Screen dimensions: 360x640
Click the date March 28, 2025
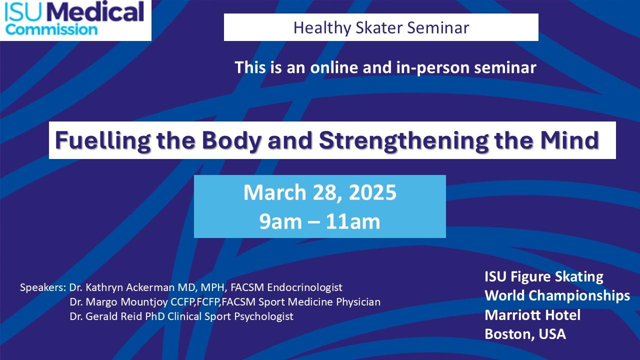tap(320, 192)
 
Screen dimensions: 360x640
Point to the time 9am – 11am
tap(320, 221)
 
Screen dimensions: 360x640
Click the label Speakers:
tap(43, 287)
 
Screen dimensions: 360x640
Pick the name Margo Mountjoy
tap(121, 302)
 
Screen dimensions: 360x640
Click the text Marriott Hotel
tap(532, 315)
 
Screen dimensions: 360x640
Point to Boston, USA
tap(525, 334)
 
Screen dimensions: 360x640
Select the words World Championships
tap(557, 295)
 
